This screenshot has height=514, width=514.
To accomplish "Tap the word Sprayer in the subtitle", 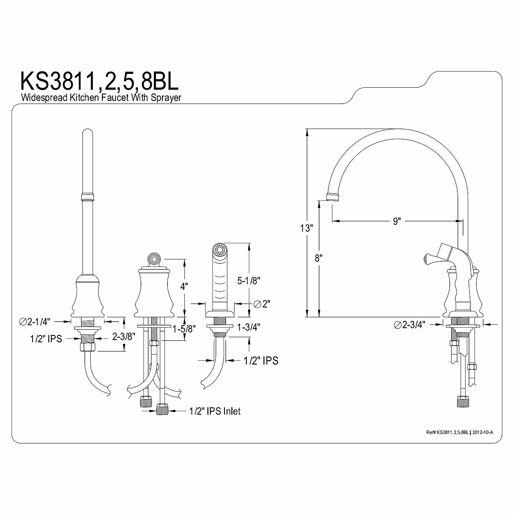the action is pyautogui.click(x=166, y=98).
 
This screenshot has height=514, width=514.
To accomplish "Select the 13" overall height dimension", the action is pyautogui.click(x=306, y=228).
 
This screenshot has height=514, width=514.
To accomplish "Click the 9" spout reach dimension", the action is pyautogui.click(x=397, y=221).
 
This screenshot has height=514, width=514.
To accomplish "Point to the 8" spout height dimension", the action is pyautogui.click(x=319, y=258).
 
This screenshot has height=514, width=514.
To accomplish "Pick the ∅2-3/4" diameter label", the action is pyautogui.click(x=409, y=325).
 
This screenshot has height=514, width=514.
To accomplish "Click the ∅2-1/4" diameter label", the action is pyautogui.click(x=35, y=322).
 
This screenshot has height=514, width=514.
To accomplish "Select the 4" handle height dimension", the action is pyautogui.click(x=184, y=287).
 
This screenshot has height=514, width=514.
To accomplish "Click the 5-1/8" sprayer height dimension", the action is pyautogui.click(x=248, y=280).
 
